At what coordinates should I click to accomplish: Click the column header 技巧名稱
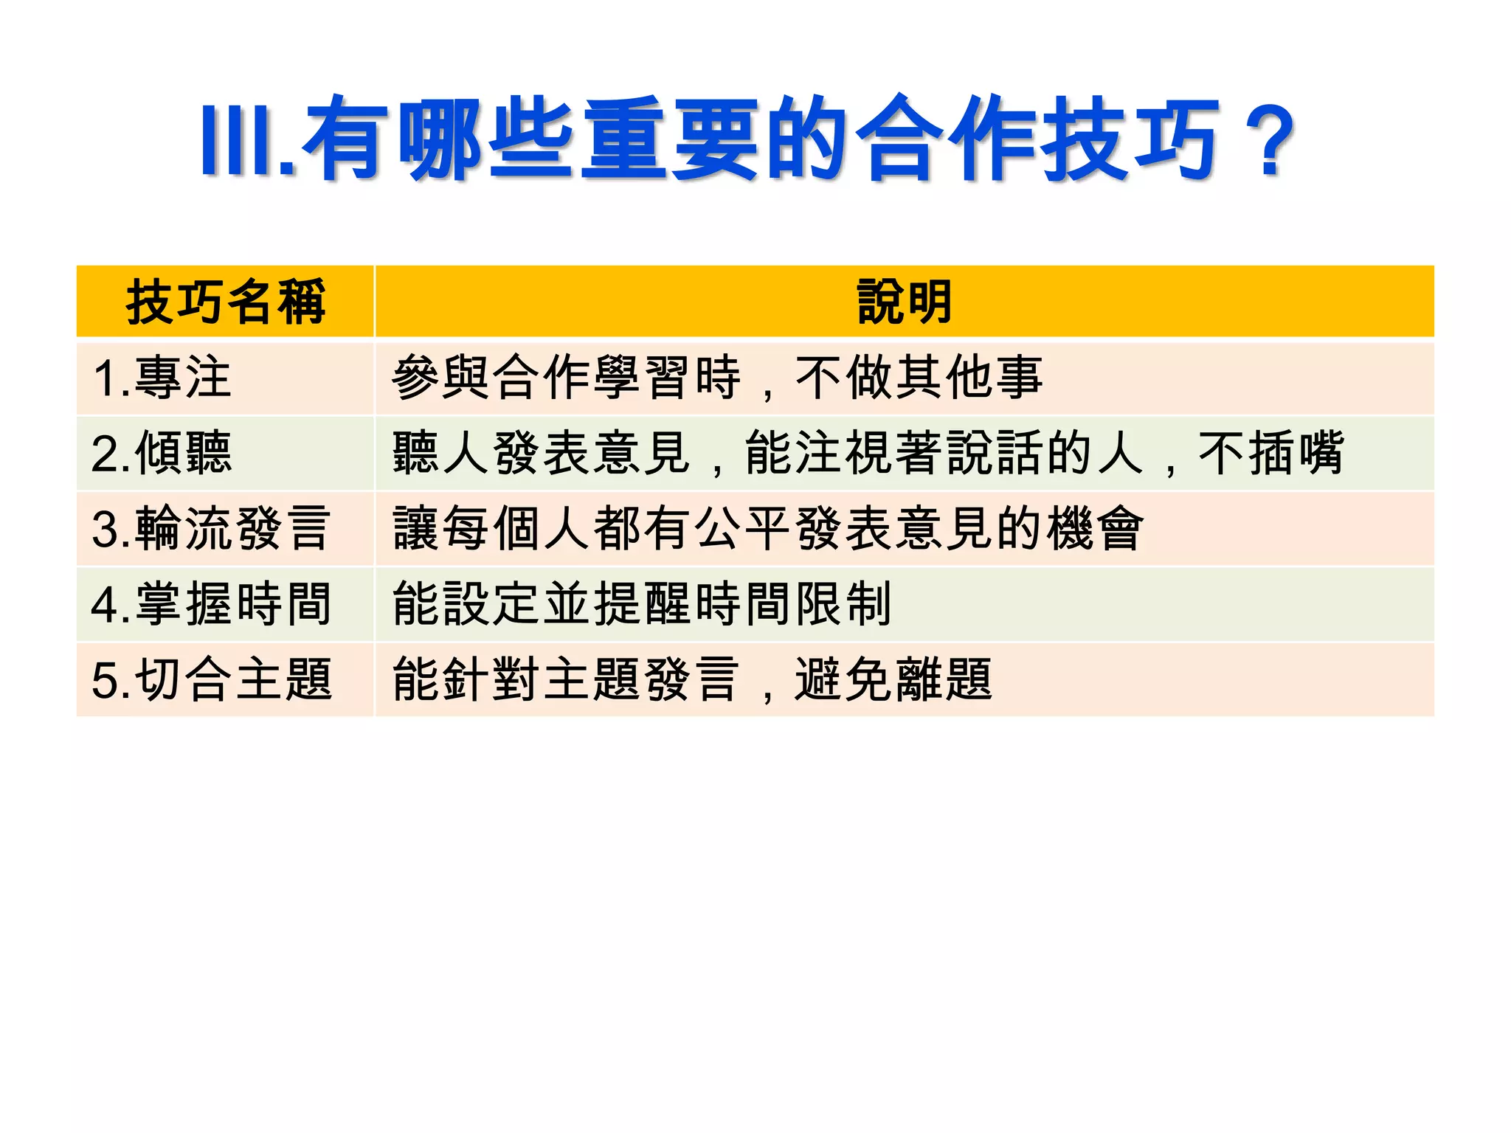[x=225, y=302]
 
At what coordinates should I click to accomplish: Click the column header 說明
[x=905, y=302]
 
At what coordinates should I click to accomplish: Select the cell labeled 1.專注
[x=162, y=378]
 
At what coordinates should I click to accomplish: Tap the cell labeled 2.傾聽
[x=162, y=453]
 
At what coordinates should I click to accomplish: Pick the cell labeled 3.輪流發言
[x=211, y=529]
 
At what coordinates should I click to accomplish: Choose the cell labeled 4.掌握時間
[x=211, y=604]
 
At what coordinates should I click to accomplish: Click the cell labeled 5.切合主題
[x=211, y=679]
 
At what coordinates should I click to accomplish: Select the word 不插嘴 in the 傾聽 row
[x=1270, y=453]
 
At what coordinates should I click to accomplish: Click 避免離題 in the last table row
[x=893, y=679]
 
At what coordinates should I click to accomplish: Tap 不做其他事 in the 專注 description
[x=919, y=378]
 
